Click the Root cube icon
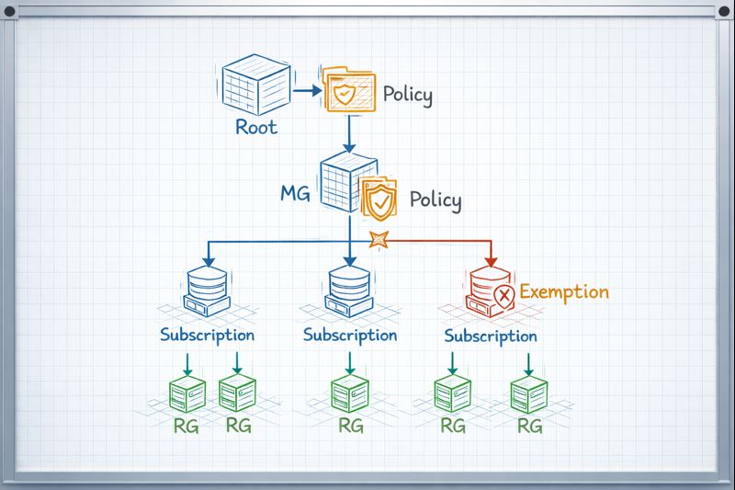256,85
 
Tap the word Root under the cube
255,127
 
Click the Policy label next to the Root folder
407,94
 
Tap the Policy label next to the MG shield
435,199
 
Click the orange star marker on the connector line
378,241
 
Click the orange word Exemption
564,292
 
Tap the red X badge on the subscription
503,296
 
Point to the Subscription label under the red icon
491,336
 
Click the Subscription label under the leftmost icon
207,335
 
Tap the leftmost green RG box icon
188,394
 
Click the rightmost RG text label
529,427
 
